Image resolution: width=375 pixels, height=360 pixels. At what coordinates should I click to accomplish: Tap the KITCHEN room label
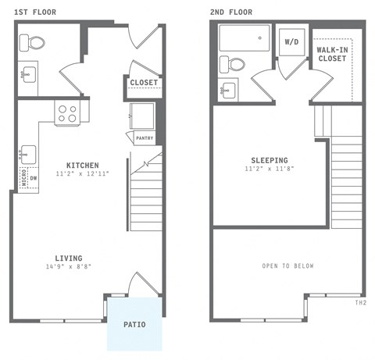(x=82, y=165)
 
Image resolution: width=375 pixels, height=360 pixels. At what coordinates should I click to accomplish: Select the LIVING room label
(x=69, y=258)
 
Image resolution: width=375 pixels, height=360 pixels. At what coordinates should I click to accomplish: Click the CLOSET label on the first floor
(x=144, y=82)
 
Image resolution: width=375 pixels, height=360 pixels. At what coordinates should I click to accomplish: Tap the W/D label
(x=291, y=41)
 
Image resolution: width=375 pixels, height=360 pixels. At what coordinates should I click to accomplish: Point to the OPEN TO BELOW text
(x=287, y=266)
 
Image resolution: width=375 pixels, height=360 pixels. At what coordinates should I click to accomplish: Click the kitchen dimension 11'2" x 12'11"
(x=82, y=173)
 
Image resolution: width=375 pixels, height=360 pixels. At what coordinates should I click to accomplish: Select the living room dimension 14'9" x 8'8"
(x=69, y=267)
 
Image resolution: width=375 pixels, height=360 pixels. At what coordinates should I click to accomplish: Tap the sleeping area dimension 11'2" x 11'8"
(x=269, y=169)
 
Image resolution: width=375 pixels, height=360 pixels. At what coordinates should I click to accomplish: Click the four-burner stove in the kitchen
(x=67, y=113)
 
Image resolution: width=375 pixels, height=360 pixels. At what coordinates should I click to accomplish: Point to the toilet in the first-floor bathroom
(x=34, y=42)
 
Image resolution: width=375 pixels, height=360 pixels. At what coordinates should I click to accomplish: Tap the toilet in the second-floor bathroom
(x=233, y=63)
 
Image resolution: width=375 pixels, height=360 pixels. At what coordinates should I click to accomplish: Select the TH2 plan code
(x=361, y=302)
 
